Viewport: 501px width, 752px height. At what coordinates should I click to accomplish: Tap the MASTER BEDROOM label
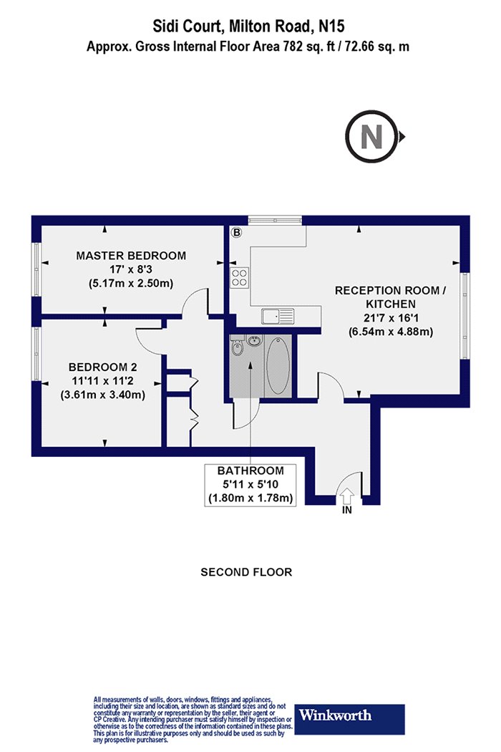131,256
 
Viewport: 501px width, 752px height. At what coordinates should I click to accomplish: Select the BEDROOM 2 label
102,367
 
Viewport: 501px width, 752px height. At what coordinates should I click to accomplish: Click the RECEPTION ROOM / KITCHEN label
390,297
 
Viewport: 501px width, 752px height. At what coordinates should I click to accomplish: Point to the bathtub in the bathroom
278,365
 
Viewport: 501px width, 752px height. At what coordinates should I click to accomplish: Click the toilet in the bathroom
237,347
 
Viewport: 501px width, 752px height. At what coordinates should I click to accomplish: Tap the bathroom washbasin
255,341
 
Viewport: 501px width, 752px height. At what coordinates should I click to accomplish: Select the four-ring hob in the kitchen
240,276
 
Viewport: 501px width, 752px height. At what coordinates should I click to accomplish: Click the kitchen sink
278,316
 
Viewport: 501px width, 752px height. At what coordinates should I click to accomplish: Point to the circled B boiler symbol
236,233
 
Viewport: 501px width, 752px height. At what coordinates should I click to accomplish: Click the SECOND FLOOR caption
246,572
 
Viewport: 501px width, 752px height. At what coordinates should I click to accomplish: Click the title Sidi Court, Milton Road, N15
248,26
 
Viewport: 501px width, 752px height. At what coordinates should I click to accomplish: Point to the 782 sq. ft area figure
321,47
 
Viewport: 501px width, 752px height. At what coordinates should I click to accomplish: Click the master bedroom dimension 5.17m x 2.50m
131,284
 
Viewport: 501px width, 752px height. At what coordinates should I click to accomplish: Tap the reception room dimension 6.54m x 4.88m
390,332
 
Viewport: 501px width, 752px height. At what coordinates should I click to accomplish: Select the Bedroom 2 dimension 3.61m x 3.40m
102,395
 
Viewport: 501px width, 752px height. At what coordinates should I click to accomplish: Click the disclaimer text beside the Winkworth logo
193,719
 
